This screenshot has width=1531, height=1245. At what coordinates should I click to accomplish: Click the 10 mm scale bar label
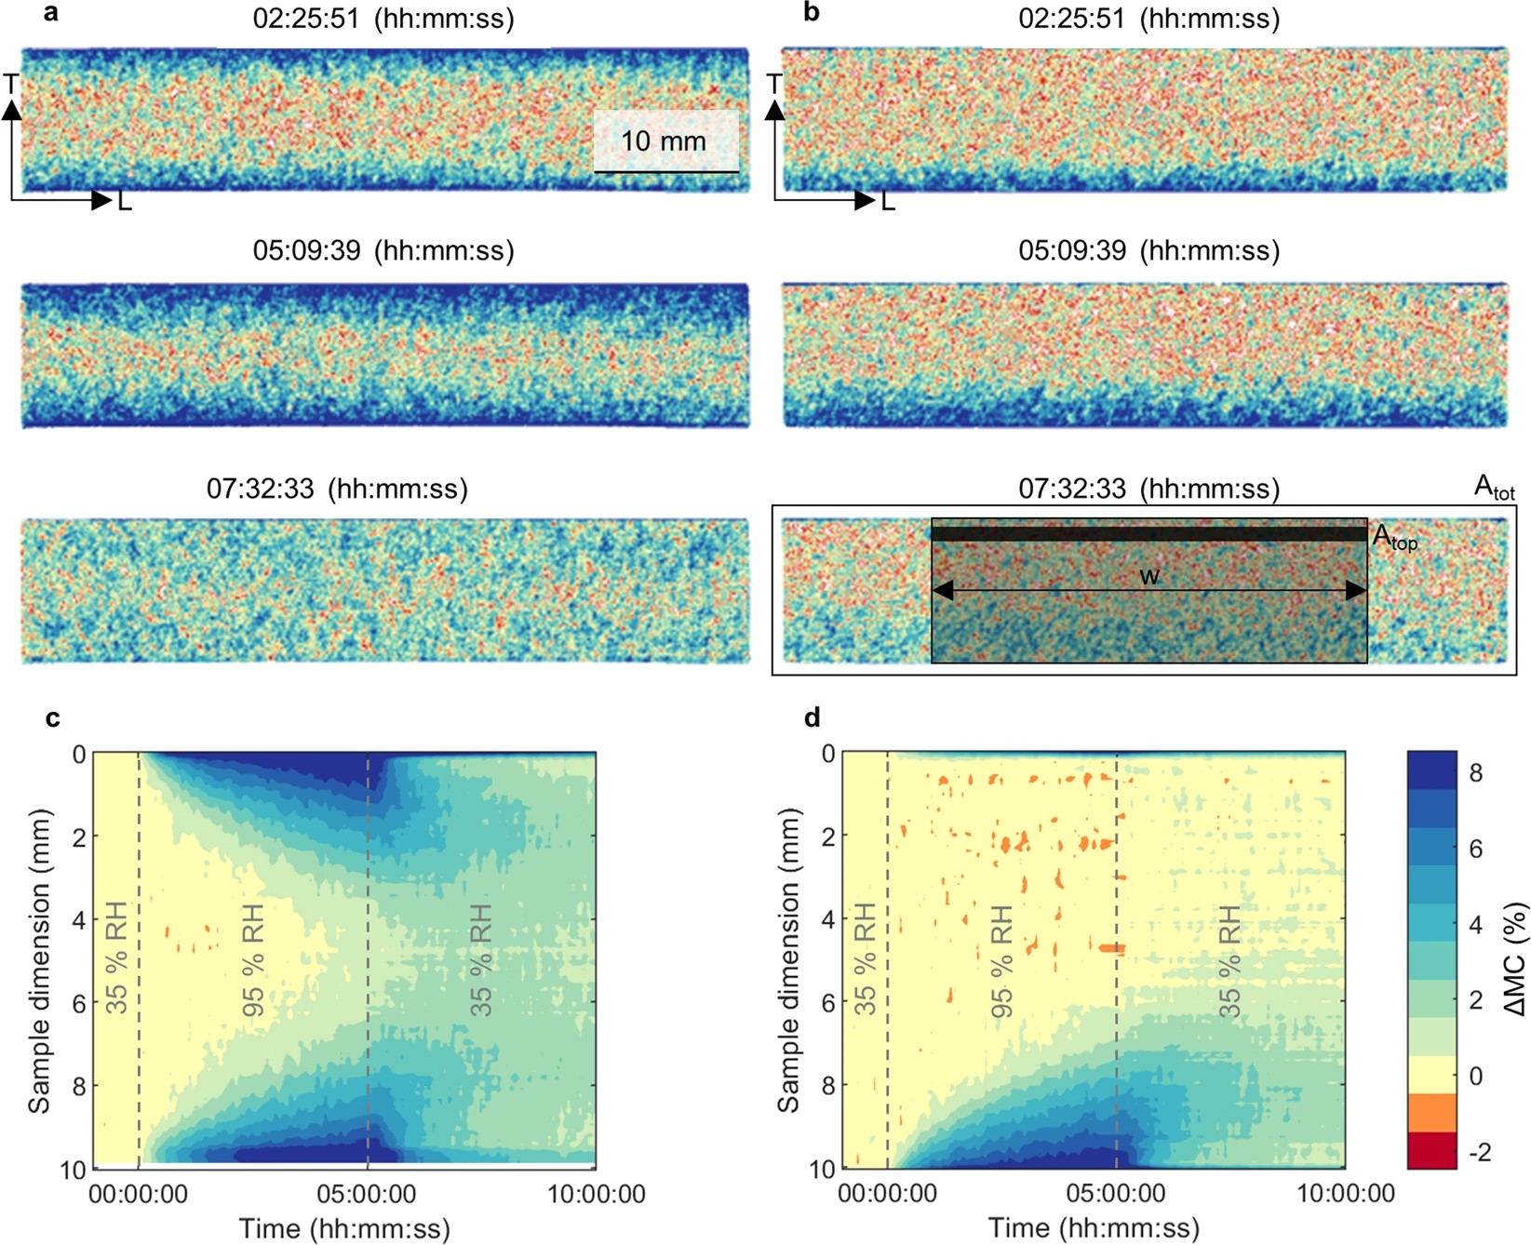[x=664, y=141]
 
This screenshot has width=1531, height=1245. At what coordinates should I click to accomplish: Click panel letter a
[x=52, y=14]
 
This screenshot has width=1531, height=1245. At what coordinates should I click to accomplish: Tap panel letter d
[x=813, y=718]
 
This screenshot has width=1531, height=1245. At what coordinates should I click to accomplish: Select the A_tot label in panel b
[x=1494, y=487]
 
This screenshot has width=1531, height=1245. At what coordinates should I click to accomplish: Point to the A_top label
[x=1394, y=538]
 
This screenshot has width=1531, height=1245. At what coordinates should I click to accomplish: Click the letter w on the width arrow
[x=1149, y=576]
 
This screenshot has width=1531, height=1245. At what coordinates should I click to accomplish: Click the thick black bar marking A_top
[x=1148, y=534]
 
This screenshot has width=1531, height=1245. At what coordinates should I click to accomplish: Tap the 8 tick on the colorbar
[x=1476, y=773]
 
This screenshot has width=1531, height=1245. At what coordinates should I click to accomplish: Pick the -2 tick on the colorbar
[x=1479, y=1153]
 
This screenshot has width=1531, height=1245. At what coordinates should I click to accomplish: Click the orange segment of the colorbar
[x=1431, y=1114]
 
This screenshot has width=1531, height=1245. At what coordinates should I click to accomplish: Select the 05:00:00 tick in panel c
[x=368, y=1194]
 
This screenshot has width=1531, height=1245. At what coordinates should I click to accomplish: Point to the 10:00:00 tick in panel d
[x=1346, y=1194]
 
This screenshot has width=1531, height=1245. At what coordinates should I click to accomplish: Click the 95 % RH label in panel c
[x=253, y=959]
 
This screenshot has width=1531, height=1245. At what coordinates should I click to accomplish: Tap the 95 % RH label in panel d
[x=1001, y=959]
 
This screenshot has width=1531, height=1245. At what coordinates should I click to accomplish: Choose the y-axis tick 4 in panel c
[x=79, y=920]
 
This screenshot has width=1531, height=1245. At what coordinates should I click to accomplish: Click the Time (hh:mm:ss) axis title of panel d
[x=1094, y=1228]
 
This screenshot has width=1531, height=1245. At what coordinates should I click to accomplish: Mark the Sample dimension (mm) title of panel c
[x=39, y=960]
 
